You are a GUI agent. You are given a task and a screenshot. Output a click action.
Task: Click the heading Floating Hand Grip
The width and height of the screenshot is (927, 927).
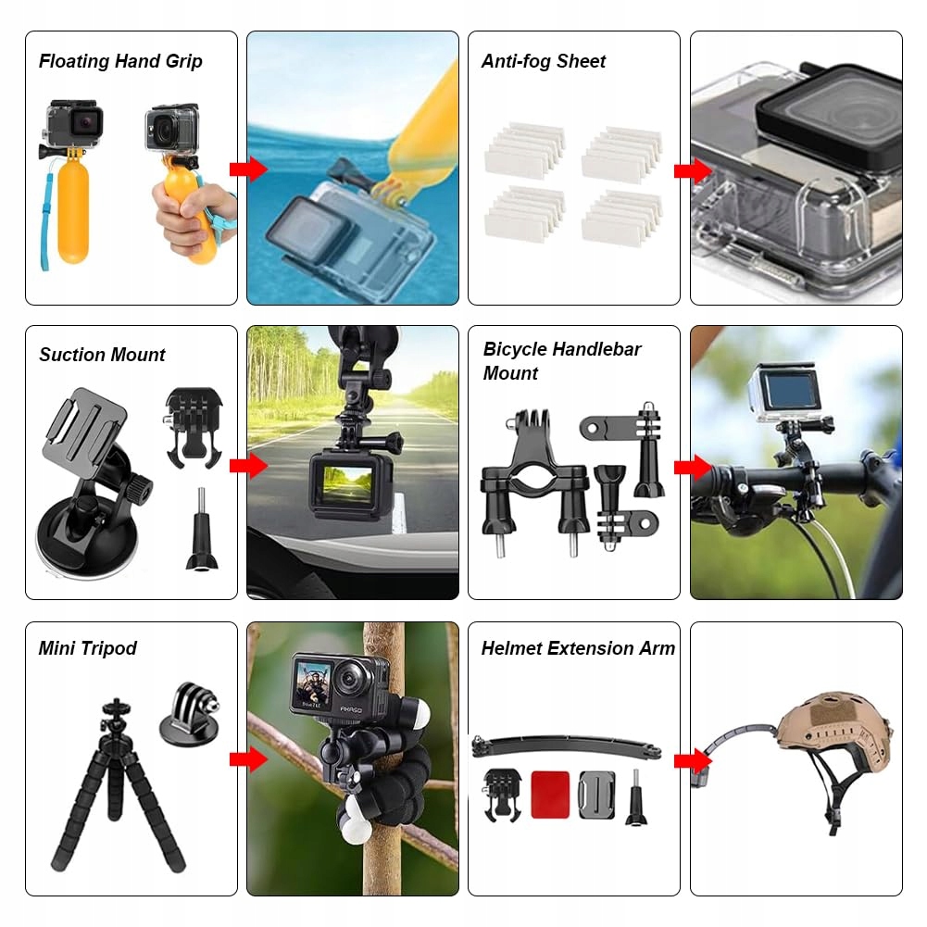click(x=120, y=61)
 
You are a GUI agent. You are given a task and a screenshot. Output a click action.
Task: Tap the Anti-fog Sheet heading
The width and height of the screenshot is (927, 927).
click(x=544, y=61)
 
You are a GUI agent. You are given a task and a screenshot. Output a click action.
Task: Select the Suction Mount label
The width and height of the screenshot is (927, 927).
click(x=102, y=355)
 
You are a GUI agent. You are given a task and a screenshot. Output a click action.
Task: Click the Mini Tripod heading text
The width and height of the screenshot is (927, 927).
click(x=87, y=648)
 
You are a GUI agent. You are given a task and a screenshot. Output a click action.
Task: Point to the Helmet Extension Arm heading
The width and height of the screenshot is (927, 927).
click(x=578, y=648)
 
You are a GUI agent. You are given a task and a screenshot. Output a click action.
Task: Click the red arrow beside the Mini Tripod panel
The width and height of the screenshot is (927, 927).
click(x=248, y=759)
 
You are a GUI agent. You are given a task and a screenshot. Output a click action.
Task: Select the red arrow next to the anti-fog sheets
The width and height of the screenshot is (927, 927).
click(x=693, y=170)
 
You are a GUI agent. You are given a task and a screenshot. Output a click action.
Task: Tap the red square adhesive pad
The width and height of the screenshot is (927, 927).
click(x=550, y=795)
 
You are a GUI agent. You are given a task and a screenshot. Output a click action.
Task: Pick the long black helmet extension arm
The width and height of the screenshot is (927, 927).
click(x=567, y=746)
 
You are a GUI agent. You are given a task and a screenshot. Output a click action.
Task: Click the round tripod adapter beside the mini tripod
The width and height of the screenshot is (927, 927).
click(x=190, y=714)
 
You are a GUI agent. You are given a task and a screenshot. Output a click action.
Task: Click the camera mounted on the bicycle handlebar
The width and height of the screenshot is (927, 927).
click(x=786, y=394)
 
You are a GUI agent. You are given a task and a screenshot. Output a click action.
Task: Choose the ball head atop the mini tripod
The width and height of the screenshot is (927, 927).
click(x=115, y=714)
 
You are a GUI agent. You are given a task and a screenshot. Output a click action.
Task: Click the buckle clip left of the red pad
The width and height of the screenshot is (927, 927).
click(x=502, y=795)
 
